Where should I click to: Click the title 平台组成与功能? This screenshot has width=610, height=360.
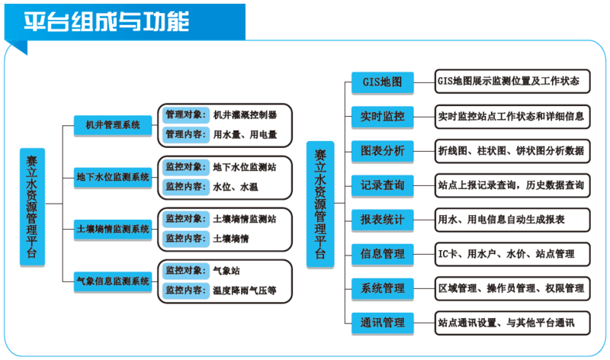pos(107,21)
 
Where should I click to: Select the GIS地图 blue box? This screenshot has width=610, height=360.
pos(383,82)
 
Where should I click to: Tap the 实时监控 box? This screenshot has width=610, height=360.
pos(383,117)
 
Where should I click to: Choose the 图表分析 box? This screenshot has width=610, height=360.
pos(383,151)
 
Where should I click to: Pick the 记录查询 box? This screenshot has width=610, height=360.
pos(383,185)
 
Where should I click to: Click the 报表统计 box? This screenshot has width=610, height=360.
pos(383,220)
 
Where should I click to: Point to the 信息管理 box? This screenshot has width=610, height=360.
pos(383,254)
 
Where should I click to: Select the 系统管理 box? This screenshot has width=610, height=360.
pos(383,288)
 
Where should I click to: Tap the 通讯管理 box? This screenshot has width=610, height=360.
pos(383,323)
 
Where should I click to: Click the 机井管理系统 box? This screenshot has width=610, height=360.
pos(113,125)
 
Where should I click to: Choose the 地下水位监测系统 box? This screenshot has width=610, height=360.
pos(113,177)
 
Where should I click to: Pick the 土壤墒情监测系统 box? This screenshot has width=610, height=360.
pos(113,229)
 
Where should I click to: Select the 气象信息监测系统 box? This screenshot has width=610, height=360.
pos(113,281)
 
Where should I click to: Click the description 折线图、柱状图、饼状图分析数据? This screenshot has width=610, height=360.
pos(511,151)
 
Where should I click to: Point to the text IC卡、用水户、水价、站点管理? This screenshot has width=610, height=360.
pos(506,254)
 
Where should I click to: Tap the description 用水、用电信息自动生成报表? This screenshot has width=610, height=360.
pos(501,220)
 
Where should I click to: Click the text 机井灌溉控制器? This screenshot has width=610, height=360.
pos(245,115)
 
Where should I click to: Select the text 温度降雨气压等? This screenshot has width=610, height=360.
pos(245,291)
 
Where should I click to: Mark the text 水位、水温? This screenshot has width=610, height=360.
pos(236,187)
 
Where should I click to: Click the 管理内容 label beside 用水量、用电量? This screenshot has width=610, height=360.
pos(186,134)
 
